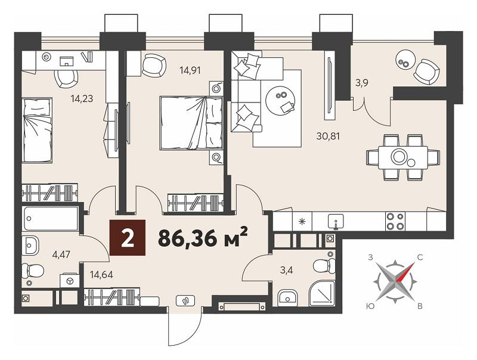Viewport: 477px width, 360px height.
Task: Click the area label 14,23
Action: [82, 98]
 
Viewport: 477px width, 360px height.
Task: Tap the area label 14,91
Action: [190, 70]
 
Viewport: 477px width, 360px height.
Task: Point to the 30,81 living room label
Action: [328, 136]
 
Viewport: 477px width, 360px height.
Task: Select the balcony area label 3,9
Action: [362, 83]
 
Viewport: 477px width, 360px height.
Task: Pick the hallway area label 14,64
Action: [101, 275]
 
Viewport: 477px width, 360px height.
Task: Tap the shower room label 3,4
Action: [287, 270]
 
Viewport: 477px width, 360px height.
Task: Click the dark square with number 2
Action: [128, 237]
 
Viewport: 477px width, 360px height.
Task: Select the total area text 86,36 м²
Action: [203, 237]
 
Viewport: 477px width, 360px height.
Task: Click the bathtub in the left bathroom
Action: [51, 219]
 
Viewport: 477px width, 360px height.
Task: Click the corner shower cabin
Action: [322, 293]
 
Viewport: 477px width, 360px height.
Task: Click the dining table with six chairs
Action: [403, 157]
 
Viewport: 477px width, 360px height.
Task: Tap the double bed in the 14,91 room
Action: [191, 123]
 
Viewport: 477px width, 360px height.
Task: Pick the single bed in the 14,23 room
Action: [37, 130]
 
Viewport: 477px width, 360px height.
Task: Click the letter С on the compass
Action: [420, 258]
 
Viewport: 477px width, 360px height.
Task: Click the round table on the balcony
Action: [405, 61]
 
